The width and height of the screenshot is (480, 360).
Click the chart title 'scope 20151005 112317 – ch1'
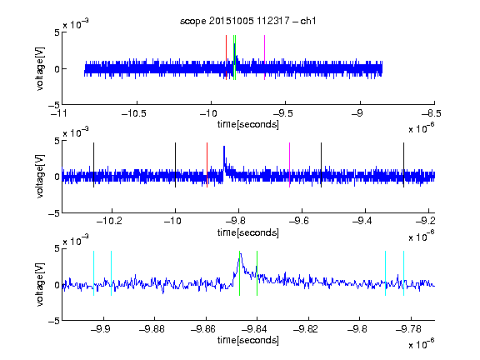coord(247,21)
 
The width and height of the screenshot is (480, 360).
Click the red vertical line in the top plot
coord(226,57)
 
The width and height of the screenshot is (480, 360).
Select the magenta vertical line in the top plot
coord(264,57)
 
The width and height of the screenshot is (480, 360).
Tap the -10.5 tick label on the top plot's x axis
coord(134,113)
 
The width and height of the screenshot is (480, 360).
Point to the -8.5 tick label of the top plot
coord(432,113)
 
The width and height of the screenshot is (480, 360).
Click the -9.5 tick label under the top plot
coord(282,113)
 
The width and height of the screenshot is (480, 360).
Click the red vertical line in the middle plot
coord(207,165)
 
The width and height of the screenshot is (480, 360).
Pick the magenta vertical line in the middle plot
coord(290,165)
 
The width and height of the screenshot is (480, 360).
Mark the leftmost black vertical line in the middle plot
coord(93,165)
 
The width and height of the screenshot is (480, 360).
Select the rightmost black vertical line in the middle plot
coord(403,165)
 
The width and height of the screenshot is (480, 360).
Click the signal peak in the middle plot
coord(224,147)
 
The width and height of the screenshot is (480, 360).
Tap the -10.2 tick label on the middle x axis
coord(109,221)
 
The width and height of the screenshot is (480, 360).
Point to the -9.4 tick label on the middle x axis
coord(362,221)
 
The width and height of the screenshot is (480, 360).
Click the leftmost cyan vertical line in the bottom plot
coord(93,273)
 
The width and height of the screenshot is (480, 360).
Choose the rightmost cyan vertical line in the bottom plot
coord(403,273)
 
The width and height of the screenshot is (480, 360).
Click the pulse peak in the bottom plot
coord(241,254)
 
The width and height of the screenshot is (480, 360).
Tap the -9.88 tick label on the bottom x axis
coord(152,329)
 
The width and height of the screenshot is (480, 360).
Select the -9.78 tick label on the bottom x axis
coord(408,329)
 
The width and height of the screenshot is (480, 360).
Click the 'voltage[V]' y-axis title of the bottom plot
coord(40,284)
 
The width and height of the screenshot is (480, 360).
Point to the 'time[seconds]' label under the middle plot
coord(248,232)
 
